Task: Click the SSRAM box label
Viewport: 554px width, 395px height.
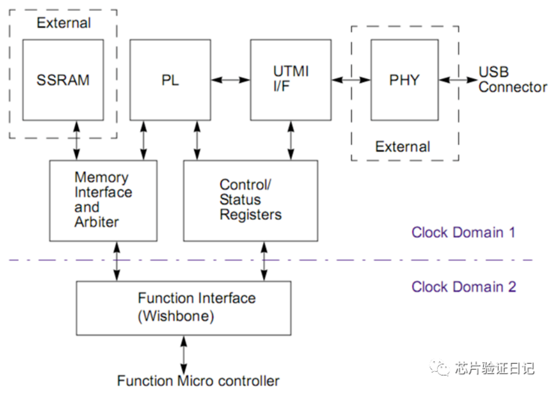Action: (x=63, y=80)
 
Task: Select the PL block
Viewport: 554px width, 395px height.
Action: (x=170, y=80)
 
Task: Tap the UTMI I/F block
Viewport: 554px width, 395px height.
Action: (x=291, y=80)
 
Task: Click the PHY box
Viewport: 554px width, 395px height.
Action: (x=405, y=80)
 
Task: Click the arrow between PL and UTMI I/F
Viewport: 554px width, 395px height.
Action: (x=230, y=80)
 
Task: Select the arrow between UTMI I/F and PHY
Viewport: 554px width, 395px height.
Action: (x=351, y=80)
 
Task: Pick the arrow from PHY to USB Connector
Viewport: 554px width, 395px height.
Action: (x=457, y=80)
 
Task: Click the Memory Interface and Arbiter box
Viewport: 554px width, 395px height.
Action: (x=103, y=200)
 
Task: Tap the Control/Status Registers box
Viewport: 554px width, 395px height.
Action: (x=250, y=200)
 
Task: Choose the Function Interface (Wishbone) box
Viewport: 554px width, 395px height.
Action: (x=183, y=308)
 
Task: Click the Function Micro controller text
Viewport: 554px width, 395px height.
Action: (x=198, y=381)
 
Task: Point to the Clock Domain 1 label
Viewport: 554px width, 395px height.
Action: (x=463, y=233)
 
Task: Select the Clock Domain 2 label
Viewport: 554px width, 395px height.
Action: (x=463, y=287)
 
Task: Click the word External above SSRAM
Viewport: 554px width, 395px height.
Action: (x=64, y=24)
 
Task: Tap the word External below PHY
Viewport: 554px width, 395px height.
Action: (x=402, y=147)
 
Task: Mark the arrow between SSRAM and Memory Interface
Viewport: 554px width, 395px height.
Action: (x=77, y=140)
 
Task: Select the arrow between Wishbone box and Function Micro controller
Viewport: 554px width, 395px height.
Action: (x=183, y=354)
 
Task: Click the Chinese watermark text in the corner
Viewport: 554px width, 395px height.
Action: (x=493, y=368)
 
